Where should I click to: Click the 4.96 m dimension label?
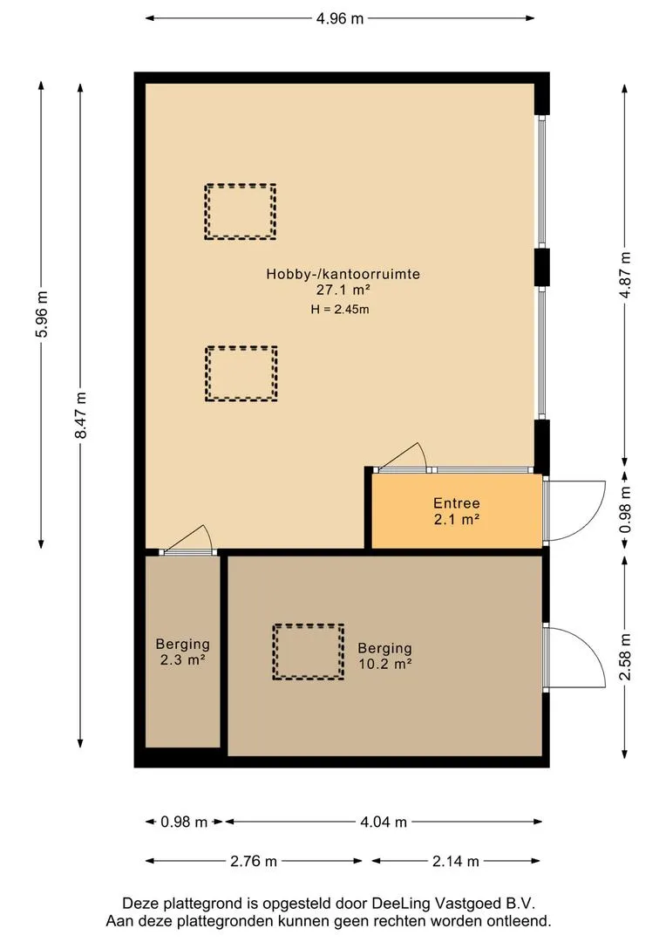(x=340, y=18)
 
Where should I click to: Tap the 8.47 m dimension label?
(x=81, y=415)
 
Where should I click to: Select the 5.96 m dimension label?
(x=42, y=314)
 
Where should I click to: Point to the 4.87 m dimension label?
(x=625, y=275)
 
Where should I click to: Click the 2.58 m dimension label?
(x=625, y=658)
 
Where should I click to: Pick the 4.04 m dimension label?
(x=384, y=822)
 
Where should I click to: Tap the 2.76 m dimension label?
(x=254, y=862)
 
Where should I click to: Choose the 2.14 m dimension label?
(x=456, y=862)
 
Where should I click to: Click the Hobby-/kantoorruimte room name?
(x=343, y=274)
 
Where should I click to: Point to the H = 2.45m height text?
(x=340, y=310)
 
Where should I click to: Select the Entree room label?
(x=457, y=503)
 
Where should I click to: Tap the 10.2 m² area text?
(x=385, y=665)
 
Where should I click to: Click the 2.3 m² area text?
(x=183, y=660)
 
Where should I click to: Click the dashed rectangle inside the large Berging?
(x=308, y=625)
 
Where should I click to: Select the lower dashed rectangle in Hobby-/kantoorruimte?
(x=241, y=348)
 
